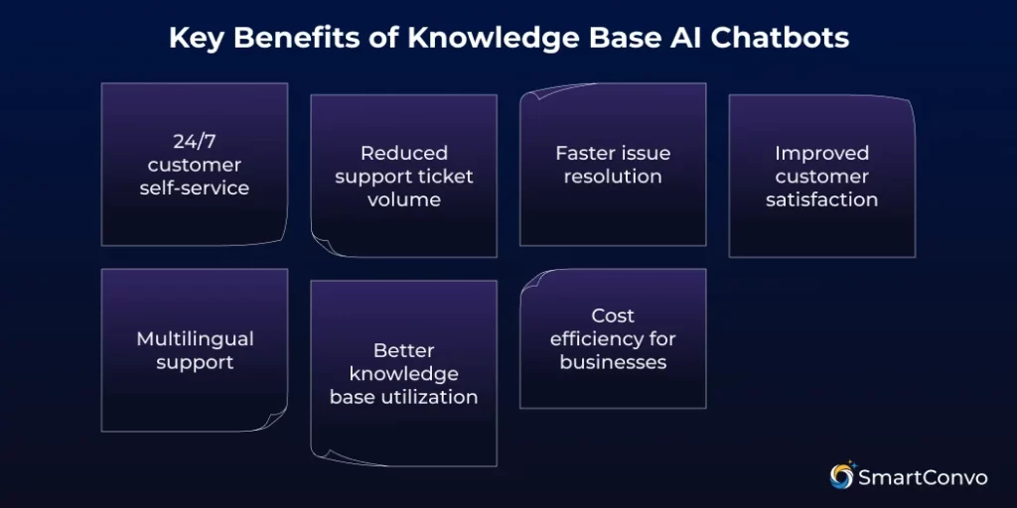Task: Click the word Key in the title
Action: [193, 38]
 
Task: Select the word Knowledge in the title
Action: [466, 38]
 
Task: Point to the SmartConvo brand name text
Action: [924, 477]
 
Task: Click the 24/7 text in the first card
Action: [195, 141]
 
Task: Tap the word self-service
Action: [195, 188]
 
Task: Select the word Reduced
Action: [404, 153]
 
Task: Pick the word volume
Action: [404, 199]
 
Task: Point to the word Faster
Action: [586, 153]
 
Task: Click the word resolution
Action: [613, 177]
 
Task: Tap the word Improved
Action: [822, 153]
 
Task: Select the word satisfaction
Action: [822, 199]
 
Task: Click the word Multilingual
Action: [195, 338]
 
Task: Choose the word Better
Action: [404, 350]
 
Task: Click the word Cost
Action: [613, 316]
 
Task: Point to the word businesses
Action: [613, 362]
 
